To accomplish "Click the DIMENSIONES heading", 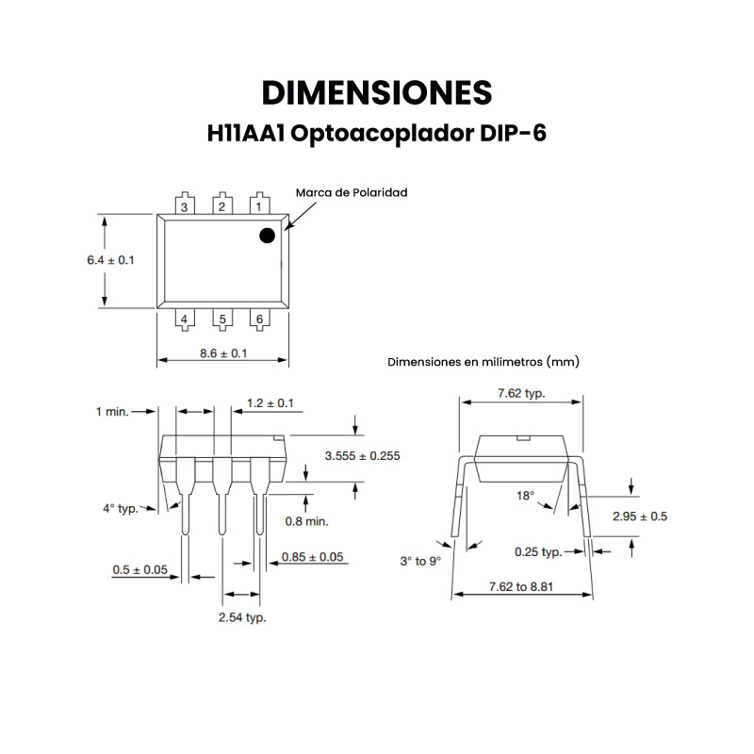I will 376,92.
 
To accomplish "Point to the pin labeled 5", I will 222,320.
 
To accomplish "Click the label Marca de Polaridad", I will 352,192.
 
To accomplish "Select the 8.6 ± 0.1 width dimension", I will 223,352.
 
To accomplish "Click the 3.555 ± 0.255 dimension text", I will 362,455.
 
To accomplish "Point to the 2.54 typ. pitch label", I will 242,618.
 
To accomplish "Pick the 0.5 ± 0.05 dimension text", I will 139,569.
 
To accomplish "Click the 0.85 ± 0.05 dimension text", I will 313,557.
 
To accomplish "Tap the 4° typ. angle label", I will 120,508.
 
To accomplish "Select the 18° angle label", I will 525,495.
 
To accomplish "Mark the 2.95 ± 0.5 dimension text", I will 640,516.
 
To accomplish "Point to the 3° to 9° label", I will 420,561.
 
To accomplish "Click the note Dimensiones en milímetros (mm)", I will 484,361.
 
